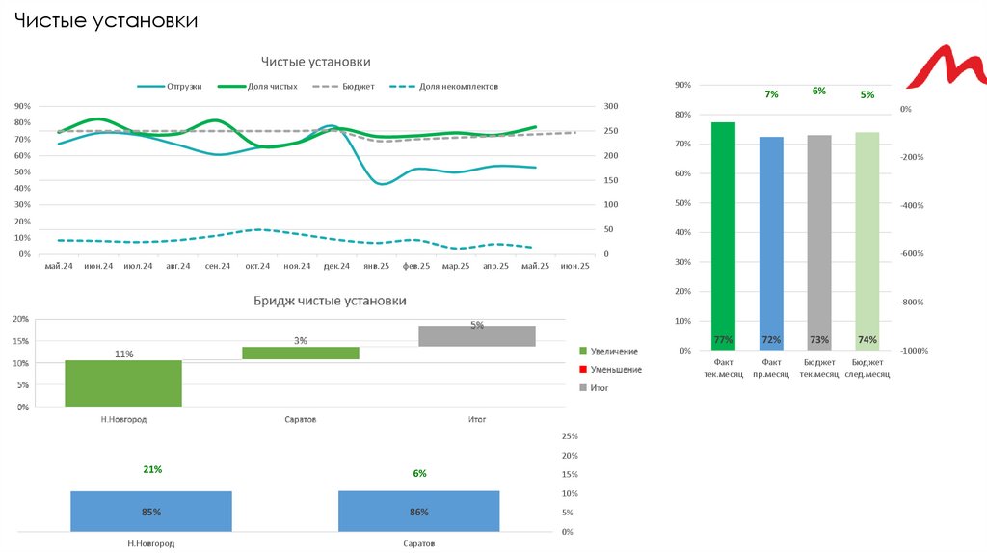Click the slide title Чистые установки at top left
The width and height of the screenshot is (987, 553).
coord(106,20)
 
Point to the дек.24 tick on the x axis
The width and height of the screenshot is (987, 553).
coord(337,266)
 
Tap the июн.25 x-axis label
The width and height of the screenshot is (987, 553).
coord(574,266)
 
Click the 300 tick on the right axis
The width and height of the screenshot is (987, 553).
coord(609,107)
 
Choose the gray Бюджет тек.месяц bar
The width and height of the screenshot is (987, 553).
coord(819,242)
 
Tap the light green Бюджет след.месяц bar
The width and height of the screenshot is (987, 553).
coord(867,241)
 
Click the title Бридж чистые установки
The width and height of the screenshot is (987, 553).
coord(330,302)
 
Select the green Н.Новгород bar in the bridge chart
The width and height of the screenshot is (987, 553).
coord(123,383)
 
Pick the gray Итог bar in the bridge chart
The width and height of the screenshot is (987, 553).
coord(476,336)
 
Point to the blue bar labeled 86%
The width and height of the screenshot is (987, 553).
coord(418,511)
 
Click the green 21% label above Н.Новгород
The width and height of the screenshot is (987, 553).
coord(152,470)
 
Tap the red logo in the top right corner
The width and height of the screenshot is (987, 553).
coord(947,72)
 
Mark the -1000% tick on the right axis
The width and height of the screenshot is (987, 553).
coord(913,352)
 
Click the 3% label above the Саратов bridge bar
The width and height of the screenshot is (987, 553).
coord(301,341)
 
